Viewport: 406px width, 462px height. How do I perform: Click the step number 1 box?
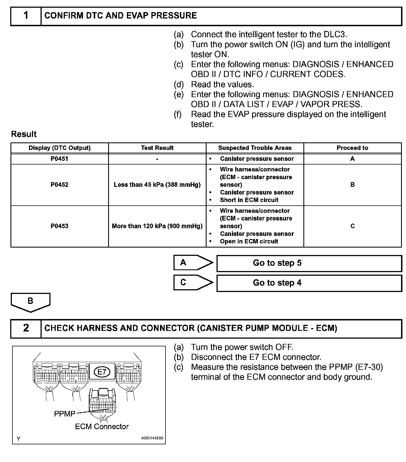(x=26, y=16)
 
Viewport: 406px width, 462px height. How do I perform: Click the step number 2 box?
(x=26, y=328)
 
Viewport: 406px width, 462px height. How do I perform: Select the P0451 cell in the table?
(x=59, y=159)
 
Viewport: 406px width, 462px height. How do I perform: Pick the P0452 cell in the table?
(x=59, y=185)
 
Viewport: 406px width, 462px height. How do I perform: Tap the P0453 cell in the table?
(x=59, y=226)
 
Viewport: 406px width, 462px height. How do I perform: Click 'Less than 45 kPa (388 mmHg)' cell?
(x=157, y=185)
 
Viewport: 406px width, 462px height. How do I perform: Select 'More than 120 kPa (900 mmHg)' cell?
(x=157, y=226)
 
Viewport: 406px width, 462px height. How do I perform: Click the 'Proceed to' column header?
(x=352, y=148)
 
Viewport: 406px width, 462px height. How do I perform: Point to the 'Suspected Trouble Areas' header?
(x=255, y=148)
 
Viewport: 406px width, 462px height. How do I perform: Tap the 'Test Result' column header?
(x=157, y=148)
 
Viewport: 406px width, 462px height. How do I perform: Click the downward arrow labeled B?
(x=30, y=302)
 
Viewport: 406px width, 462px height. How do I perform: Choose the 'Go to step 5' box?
(x=309, y=263)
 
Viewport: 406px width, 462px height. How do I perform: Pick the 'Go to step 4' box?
(x=309, y=283)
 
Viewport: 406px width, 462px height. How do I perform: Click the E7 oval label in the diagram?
(x=102, y=372)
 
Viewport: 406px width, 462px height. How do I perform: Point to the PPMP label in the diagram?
(x=65, y=414)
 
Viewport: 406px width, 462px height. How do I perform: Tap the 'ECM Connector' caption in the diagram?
(x=102, y=427)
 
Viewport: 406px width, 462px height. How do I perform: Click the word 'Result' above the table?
(x=24, y=134)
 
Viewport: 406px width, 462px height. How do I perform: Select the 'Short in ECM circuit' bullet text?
(x=249, y=200)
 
